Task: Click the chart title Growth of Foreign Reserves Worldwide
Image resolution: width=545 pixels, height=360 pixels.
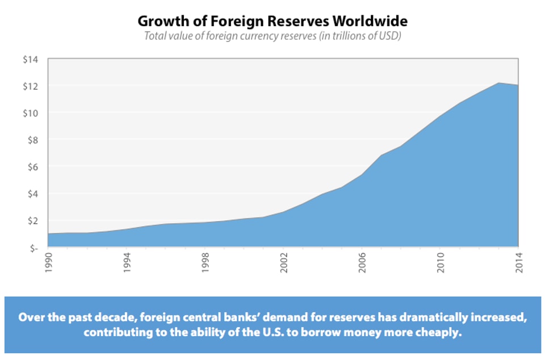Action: coord(272,22)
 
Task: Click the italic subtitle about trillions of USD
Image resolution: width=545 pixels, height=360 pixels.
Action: coord(272,36)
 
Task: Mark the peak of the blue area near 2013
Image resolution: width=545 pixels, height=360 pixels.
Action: coord(498,83)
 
